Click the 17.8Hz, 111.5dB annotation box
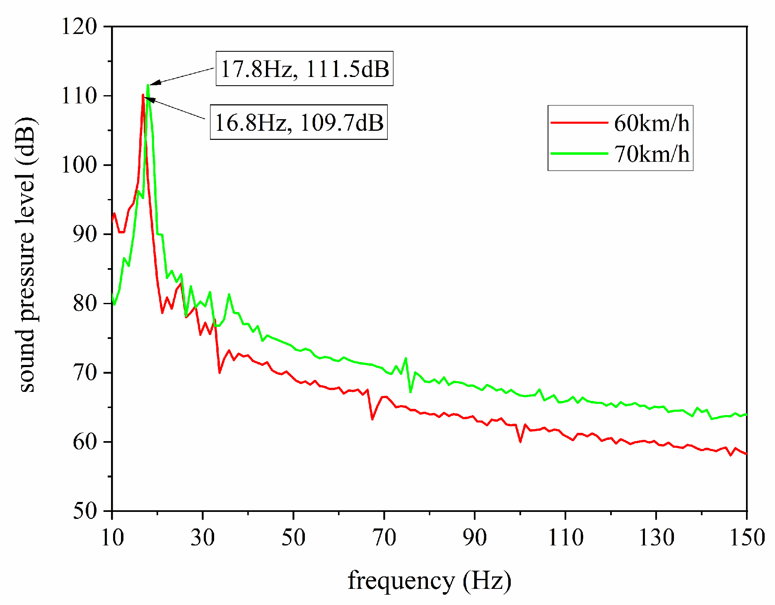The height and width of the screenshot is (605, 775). (304, 69)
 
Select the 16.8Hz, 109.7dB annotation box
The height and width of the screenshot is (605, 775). (299, 122)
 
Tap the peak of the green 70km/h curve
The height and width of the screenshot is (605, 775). (148, 85)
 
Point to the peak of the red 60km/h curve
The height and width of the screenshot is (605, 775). (143, 95)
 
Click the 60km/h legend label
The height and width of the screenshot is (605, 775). (651, 123)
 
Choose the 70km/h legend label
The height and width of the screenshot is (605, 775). (651, 154)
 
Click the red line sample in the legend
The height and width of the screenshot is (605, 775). (579, 122)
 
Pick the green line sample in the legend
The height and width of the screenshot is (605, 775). (579, 153)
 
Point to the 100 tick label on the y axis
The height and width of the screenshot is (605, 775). (79, 165)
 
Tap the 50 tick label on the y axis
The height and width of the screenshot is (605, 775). (85, 511)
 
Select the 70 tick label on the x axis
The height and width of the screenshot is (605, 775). (384, 538)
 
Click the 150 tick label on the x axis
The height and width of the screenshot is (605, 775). (746, 538)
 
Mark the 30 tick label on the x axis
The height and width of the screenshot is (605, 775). (203, 538)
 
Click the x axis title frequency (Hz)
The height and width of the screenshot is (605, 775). (429, 580)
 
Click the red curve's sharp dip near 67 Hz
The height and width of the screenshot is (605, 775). (372, 419)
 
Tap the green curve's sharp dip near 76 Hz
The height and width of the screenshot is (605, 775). (410, 391)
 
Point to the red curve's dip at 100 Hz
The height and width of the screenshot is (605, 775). (520, 442)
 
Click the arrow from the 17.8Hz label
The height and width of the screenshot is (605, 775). (182, 77)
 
